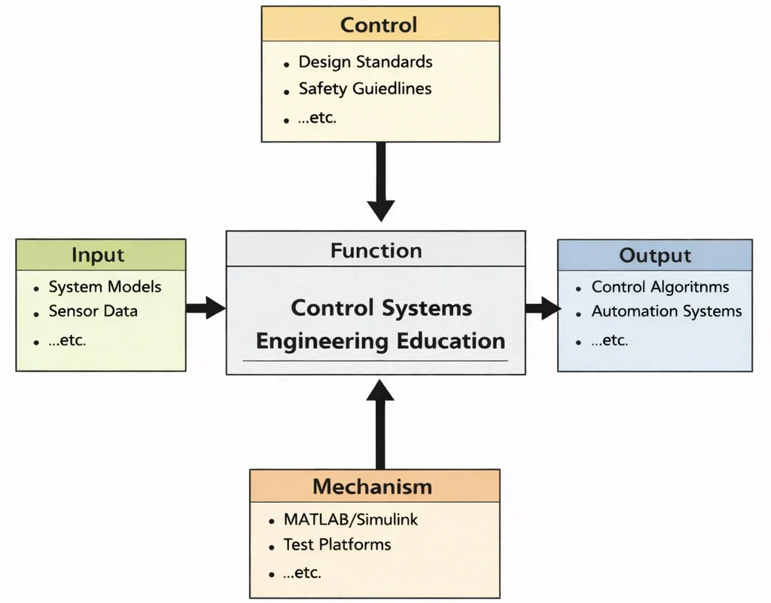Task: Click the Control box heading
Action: (x=379, y=24)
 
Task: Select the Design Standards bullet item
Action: (x=365, y=62)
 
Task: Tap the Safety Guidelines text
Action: (x=365, y=88)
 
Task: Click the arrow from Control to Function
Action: (x=381, y=181)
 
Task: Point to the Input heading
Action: (x=98, y=255)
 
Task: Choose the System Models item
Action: (x=105, y=286)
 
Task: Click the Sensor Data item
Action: (x=93, y=311)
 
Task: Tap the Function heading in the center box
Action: (x=376, y=250)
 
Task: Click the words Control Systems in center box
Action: (x=382, y=308)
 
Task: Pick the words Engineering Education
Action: (x=380, y=341)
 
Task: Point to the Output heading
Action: (x=654, y=255)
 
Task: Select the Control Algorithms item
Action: (x=660, y=286)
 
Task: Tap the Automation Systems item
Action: (x=666, y=311)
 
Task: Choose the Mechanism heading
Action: (x=373, y=486)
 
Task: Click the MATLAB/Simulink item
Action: (x=350, y=519)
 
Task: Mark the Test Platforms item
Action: (x=337, y=544)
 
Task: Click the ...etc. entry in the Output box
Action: (x=610, y=340)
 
